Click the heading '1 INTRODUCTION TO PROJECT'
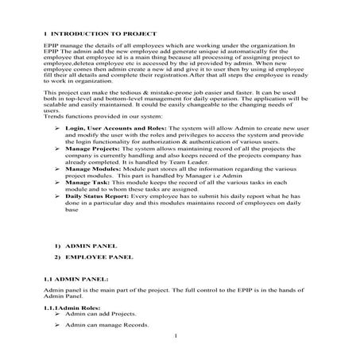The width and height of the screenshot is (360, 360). pyautogui.click(x=99, y=34)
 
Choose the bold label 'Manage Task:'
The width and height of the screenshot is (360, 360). pyautogui.click(x=84, y=183)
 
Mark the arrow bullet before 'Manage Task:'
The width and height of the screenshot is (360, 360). pyautogui.click(x=57, y=183)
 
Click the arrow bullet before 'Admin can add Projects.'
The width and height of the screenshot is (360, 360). pyautogui.click(x=57, y=315)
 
